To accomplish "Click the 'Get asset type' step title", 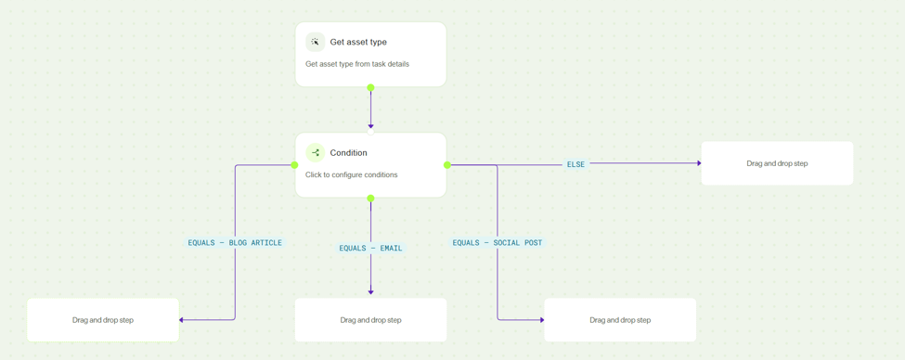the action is tap(358, 42).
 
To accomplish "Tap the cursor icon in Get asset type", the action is tap(316, 42).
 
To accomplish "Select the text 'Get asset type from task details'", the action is tap(357, 64).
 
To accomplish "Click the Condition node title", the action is tap(349, 153).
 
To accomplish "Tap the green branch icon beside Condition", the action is tap(316, 153).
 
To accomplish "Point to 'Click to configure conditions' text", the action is tap(352, 174).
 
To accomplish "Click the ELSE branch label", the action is tap(576, 164).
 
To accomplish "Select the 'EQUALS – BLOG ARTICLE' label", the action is tap(235, 243).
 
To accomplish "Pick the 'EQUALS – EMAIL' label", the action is tap(370, 248).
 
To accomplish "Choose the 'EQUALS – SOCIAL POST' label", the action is tap(497, 243).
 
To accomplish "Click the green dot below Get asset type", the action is tap(370, 88).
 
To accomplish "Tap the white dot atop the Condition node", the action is tap(370, 132).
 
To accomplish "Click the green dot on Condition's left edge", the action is tap(294, 165).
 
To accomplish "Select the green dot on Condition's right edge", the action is tap(446, 165).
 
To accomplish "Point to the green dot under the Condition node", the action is tap(370, 199).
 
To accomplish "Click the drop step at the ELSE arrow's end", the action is tap(777, 163).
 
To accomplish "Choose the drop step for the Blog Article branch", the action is tap(103, 320).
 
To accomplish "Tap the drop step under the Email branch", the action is tap(370, 320).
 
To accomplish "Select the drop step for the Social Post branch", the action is tap(620, 320).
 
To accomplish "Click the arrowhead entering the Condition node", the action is tap(370, 126).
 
